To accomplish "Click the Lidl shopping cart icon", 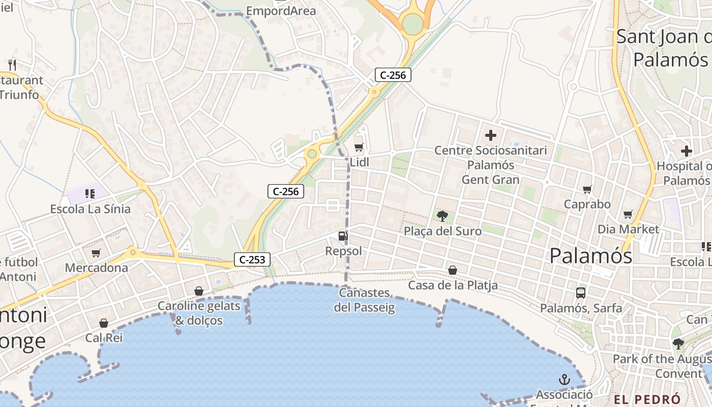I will coord(359,148).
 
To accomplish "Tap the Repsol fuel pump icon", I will coord(343,236).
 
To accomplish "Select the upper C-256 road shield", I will coord(393,75).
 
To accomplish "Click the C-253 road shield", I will coord(252,259).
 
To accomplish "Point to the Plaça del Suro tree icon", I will coord(442,216).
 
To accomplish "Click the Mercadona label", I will coord(97,268).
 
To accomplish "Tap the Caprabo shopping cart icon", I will coord(587,190).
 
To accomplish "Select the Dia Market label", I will coord(628,229).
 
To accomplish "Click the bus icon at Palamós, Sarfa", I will coord(581,293).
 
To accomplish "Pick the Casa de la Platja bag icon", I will coord(452,270).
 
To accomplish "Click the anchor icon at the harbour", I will coord(564,380).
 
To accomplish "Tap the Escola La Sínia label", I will coord(90,209).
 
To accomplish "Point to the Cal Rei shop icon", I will coord(104,323).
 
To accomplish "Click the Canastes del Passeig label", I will coord(364,300).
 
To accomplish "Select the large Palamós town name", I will coord(591,255).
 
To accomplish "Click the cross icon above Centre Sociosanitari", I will coord(491,135).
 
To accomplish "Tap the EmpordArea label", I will coord(281,11).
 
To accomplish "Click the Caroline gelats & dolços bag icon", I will coord(199,291).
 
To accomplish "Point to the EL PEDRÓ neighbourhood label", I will coord(647,399).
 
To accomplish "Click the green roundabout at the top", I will coord(412,23).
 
